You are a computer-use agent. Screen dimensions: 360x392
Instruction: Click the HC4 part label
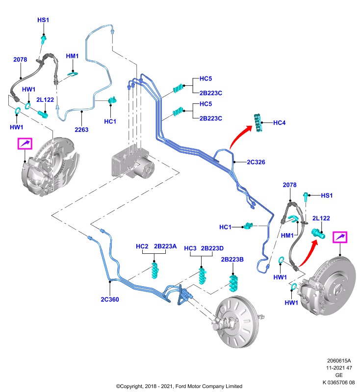[x=279, y=123]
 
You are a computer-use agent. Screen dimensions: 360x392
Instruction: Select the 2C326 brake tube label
[x=256, y=162]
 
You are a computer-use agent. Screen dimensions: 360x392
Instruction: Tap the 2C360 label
[x=110, y=299]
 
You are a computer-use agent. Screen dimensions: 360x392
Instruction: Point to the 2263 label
[x=81, y=129]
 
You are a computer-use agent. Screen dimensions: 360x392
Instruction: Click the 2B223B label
[x=232, y=260]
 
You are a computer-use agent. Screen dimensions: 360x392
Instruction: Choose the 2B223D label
[x=212, y=248]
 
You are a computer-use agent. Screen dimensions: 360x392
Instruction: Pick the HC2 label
[x=142, y=246]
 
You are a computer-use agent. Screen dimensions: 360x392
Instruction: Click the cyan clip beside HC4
[x=258, y=122]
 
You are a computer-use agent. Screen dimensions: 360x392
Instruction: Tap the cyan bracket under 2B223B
[x=233, y=283]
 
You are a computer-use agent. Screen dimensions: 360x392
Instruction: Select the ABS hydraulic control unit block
[x=132, y=163]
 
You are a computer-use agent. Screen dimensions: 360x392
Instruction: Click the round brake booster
[x=236, y=322]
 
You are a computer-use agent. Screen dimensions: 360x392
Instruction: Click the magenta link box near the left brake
[x=25, y=144]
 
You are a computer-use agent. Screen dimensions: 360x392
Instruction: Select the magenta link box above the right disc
[x=340, y=237]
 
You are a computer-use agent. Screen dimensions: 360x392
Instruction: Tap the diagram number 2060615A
[x=339, y=361]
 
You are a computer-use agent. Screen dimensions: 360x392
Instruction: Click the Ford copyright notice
[x=179, y=386]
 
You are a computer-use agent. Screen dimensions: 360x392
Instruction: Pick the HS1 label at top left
[x=43, y=20]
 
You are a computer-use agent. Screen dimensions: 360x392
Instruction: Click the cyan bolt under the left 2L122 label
[x=43, y=114]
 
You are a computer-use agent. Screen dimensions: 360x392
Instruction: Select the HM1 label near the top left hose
[x=72, y=56]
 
